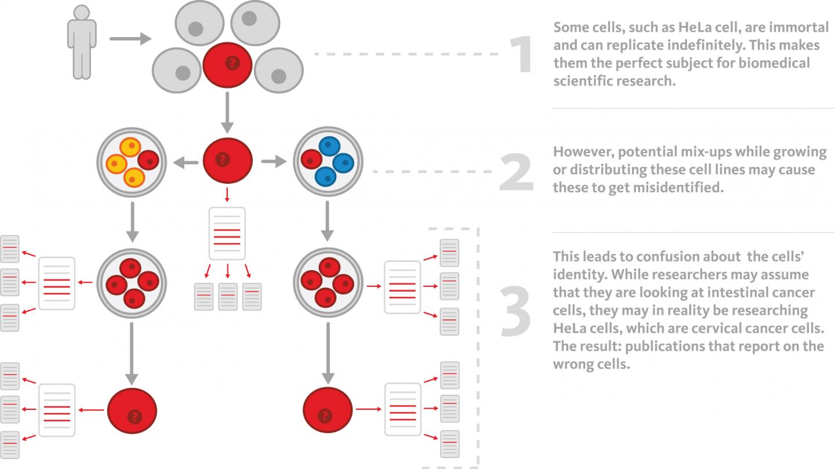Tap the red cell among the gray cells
(227, 64)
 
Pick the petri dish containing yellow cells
(132, 160)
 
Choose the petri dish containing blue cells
(327, 161)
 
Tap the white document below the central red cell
(227, 233)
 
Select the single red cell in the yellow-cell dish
(148, 159)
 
